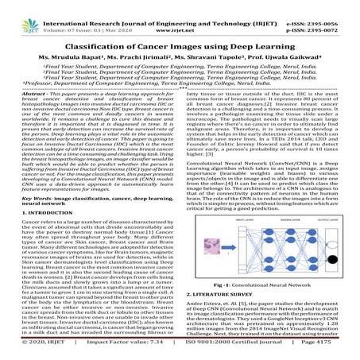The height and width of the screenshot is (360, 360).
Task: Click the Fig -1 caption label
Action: [x=225, y=284]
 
